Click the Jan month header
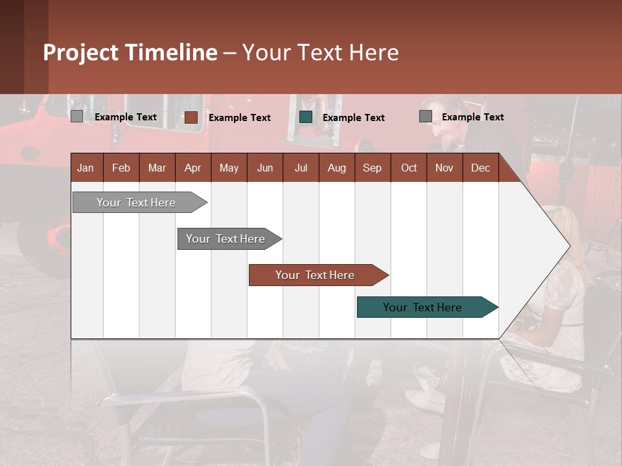86,168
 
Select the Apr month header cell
193,168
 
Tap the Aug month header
337,168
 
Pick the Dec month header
480,168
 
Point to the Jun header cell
265,168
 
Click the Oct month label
409,168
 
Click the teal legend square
306,117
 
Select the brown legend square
191,117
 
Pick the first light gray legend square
77,116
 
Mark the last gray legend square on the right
426,116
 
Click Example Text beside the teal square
354,118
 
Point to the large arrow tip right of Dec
557,246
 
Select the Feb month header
121,168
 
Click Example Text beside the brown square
240,118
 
